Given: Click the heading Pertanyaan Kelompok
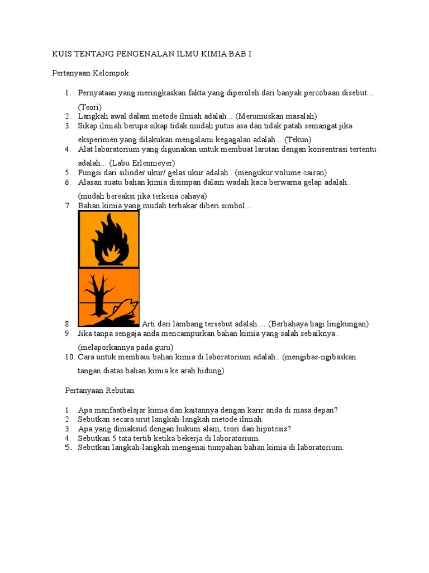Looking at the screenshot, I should [x=90, y=73].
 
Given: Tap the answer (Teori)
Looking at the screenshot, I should [x=90, y=107].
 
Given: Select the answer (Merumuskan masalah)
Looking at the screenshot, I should [x=276, y=116].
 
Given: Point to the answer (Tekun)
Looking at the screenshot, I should [x=298, y=139].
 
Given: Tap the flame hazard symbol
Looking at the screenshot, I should [x=109, y=240].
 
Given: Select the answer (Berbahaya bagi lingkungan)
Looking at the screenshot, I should [x=318, y=324].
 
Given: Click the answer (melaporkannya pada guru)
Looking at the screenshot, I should [x=121, y=346].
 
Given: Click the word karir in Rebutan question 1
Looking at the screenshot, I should [x=237, y=410].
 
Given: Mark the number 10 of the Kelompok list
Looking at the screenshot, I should [x=69, y=357].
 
